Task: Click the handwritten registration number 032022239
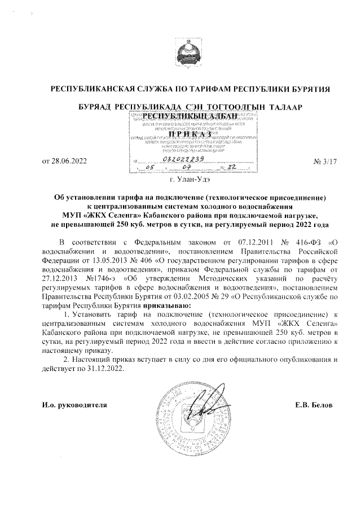(179, 159)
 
